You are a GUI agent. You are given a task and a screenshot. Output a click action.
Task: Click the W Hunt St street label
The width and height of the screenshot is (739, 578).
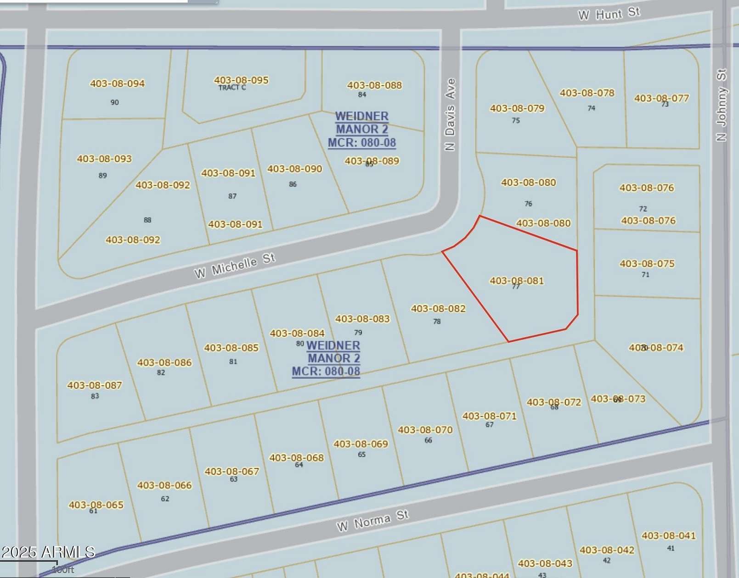pyautogui.click(x=609, y=14)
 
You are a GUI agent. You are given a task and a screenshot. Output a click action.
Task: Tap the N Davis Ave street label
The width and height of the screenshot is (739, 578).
pyautogui.click(x=451, y=114)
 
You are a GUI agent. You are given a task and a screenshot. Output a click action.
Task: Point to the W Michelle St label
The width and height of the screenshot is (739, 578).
pyautogui.click(x=235, y=266)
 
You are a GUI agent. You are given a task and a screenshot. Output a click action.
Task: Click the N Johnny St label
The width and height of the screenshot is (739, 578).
pyautogui.click(x=722, y=105)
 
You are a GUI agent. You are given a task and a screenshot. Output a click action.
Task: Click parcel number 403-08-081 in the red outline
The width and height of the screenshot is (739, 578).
pyautogui.click(x=517, y=280)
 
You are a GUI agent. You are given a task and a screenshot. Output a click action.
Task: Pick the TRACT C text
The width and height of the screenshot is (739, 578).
pyautogui.click(x=232, y=88)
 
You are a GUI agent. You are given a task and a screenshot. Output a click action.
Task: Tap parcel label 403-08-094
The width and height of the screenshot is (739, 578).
pyautogui.click(x=117, y=83)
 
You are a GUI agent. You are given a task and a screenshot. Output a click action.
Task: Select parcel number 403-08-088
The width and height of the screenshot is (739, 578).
pyautogui.click(x=374, y=85)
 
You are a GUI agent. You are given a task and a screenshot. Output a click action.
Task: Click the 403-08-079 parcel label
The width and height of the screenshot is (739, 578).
pyautogui.click(x=517, y=108)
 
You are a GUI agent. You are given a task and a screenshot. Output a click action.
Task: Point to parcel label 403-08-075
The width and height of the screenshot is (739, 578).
pyautogui.click(x=647, y=264)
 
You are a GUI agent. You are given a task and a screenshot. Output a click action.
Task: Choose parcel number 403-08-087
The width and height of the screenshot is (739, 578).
pyautogui.click(x=95, y=385)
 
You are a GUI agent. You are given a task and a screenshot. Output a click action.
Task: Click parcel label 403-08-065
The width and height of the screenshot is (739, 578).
pyautogui.click(x=96, y=505)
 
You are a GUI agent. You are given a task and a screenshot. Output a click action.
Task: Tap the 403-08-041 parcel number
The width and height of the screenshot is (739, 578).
pyautogui.click(x=669, y=536)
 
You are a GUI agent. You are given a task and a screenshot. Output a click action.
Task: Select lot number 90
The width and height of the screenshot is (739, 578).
pyautogui.click(x=114, y=102)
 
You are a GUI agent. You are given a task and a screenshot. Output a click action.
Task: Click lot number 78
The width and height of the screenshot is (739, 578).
pyautogui.click(x=437, y=322)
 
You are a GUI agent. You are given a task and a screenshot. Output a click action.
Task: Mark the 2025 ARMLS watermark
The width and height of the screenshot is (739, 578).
pyautogui.click(x=48, y=552)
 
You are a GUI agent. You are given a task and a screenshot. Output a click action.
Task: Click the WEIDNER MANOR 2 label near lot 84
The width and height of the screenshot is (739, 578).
pyautogui.click(x=362, y=122)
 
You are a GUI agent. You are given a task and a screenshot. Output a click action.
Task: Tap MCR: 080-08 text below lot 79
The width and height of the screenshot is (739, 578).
pyautogui.click(x=326, y=371)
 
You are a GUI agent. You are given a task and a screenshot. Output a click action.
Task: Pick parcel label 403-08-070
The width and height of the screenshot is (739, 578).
pyautogui.click(x=425, y=430)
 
